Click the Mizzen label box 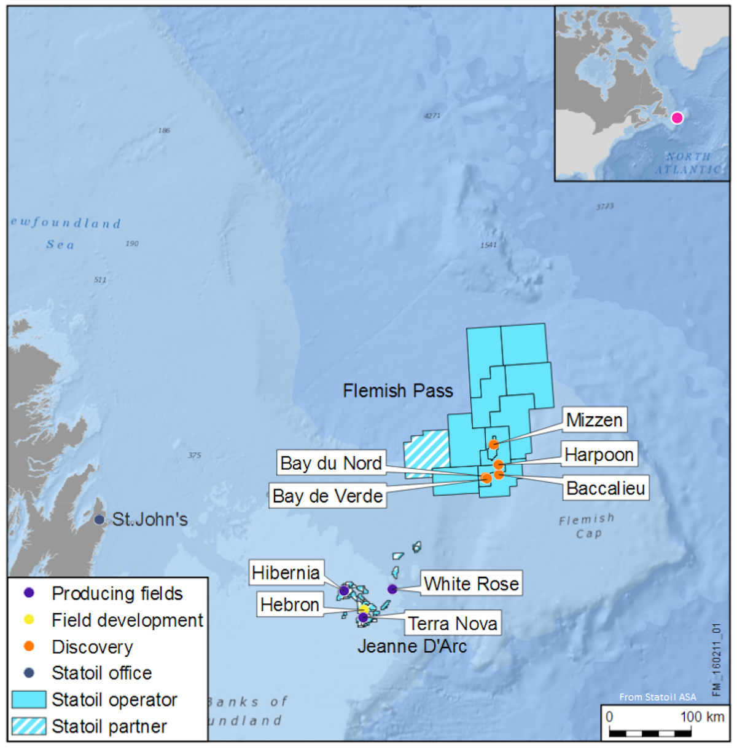click(x=594, y=420)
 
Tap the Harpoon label click(x=599, y=454)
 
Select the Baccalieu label click(x=606, y=488)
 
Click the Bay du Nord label click(x=331, y=463)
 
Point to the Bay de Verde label click(x=327, y=496)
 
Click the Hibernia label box click(x=286, y=573)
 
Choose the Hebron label click(x=289, y=604)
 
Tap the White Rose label click(x=471, y=583)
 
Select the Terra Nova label click(x=453, y=624)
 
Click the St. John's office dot click(x=99, y=520)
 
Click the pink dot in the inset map click(x=677, y=118)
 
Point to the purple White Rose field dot click(x=392, y=589)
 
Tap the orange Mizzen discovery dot click(x=494, y=445)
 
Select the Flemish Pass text click(x=397, y=390)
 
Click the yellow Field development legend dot click(x=28, y=619)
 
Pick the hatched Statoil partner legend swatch click(x=29, y=726)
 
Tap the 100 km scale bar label click(x=702, y=716)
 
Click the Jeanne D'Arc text click(x=412, y=646)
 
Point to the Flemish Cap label click(x=587, y=526)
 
